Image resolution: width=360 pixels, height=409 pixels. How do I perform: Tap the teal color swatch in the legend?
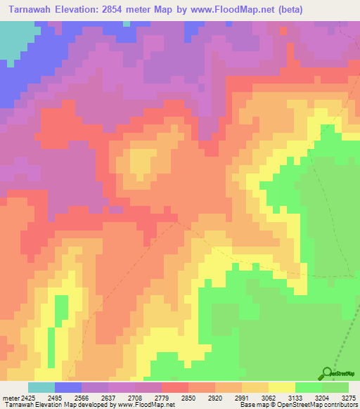(x=41, y=387)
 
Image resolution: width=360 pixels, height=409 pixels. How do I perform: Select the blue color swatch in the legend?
(x=67, y=387)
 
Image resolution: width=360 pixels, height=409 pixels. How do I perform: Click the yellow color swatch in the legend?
(x=281, y=387)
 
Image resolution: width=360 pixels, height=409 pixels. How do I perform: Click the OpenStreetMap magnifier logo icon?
(x=327, y=372)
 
